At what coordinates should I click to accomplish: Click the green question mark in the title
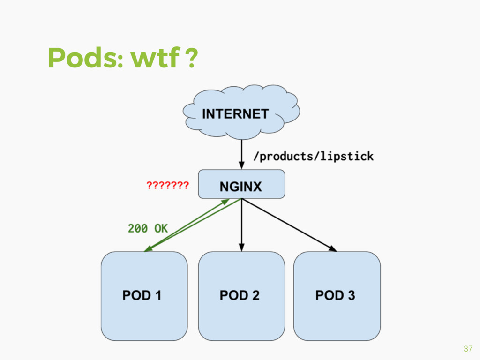191,58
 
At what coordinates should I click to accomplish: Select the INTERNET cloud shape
239,112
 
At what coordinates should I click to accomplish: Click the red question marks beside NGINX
167,186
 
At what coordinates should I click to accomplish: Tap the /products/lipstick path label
313,157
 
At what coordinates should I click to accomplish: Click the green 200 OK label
148,228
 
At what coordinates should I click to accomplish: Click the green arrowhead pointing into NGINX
225,201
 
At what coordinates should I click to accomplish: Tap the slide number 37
467,349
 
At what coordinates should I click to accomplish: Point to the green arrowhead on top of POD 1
148,249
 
